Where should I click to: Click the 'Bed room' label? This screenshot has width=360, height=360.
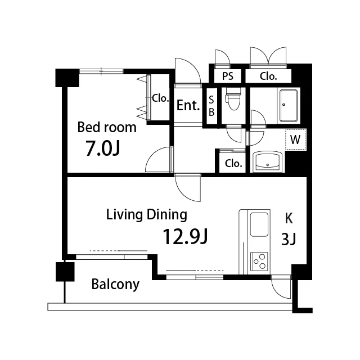[107, 128]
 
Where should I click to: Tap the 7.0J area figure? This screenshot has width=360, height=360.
[102, 148]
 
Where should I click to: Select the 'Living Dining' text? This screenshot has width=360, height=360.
[147, 215]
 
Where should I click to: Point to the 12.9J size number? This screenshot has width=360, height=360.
[185, 237]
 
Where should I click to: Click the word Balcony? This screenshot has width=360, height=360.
[115, 285]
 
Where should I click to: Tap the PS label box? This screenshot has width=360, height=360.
[227, 76]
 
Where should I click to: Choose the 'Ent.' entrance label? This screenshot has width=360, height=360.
[188, 105]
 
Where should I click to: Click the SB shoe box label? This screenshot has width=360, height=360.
[211, 106]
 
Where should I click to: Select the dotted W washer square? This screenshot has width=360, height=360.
[296, 139]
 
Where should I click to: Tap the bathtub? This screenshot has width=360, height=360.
[289, 105]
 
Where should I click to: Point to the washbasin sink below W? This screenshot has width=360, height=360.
[268, 161]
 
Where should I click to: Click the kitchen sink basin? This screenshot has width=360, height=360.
[259, 224]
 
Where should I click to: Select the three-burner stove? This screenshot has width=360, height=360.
[259, 261]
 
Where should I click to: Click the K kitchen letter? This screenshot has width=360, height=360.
[289, 218]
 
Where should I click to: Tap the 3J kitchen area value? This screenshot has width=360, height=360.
[289, 240]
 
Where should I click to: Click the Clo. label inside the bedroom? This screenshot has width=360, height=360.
[160, 98]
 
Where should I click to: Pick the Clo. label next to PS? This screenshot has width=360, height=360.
[268, 76]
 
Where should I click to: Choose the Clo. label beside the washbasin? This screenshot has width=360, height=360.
[233, 163]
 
